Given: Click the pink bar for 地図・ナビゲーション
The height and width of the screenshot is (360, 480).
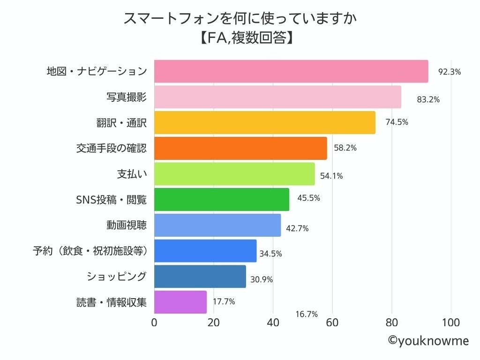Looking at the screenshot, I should point(291,71).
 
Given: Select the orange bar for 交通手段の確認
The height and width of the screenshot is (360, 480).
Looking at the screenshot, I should point(240,148).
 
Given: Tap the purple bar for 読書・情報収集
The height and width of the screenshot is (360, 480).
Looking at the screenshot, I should point(180,302).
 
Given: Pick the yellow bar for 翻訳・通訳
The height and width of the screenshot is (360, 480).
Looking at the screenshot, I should point(265,122).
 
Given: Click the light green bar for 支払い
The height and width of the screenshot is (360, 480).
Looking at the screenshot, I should point(234,174).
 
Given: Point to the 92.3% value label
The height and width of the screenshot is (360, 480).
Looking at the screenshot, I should point(450,72).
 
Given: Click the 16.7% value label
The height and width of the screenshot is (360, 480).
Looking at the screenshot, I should point(307,314).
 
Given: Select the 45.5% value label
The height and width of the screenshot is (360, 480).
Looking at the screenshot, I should point(308,198).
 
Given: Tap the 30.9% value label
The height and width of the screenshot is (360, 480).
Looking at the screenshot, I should point(262,279).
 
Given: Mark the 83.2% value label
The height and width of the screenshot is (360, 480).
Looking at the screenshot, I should point(428,99).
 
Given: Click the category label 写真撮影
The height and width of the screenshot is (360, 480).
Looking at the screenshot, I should point(127,97).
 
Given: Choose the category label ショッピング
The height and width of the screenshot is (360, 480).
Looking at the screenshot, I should point(117,277).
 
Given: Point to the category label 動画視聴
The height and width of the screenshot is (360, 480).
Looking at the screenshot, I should point(127,225).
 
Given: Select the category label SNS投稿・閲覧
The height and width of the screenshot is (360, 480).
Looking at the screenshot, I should point(111,200).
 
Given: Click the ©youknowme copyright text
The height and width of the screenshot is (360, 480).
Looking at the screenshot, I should point(428,341).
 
